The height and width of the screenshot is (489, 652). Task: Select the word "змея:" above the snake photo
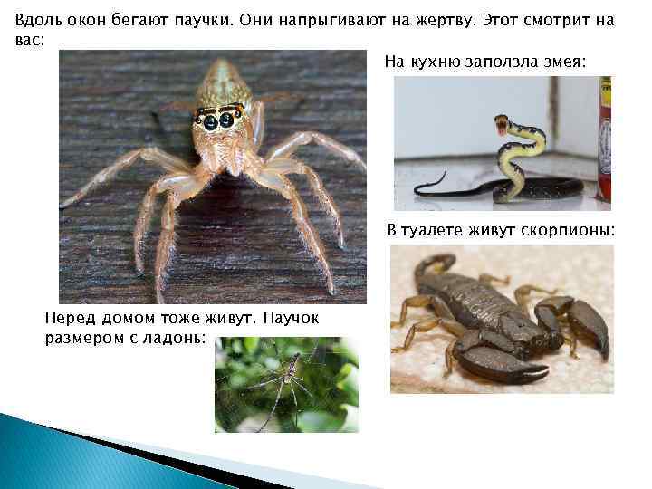tap(565, 62)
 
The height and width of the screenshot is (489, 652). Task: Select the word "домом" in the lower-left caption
tap(120, 318)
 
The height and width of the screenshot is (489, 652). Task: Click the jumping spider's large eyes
tap(218, 120)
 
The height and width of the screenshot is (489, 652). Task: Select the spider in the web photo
tap(288, 380)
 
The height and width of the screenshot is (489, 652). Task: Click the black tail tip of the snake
tap(418, 190)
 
